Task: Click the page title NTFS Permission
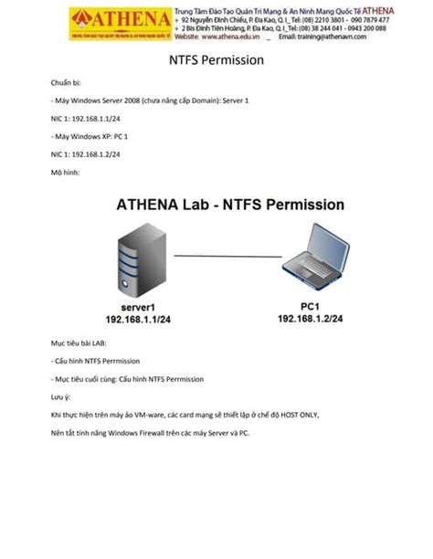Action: (x=216, y=60)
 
